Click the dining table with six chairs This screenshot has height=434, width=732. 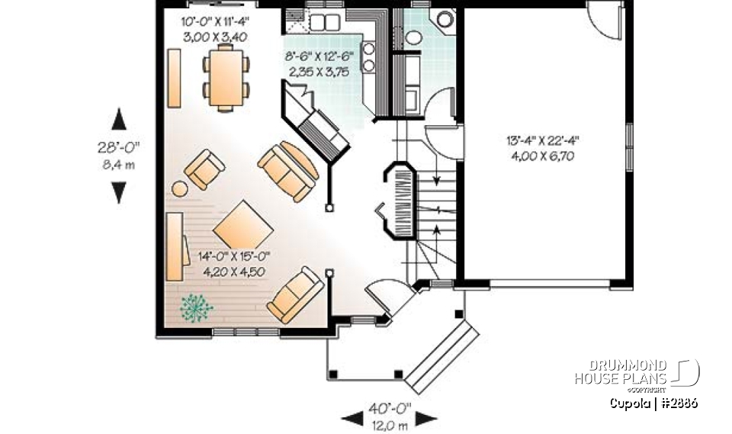226,77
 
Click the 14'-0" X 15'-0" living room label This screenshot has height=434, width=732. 235,262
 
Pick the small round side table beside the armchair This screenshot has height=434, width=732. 179,188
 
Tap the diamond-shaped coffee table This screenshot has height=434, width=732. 242,225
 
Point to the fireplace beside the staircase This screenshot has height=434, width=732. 400,201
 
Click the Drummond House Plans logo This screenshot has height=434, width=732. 637,372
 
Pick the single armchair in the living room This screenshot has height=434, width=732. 205,170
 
